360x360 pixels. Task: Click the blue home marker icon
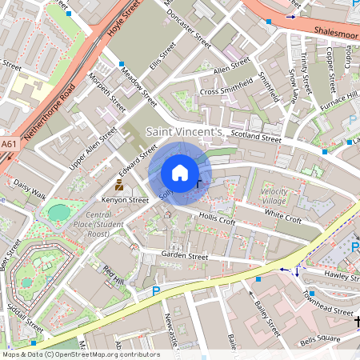point(180,173)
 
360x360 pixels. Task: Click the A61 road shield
point(9,144)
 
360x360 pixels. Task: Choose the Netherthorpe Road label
point(50,111)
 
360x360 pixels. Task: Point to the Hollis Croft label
point(217,217)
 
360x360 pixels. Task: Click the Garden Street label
point(184,257)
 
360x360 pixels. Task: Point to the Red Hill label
point(113,277)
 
